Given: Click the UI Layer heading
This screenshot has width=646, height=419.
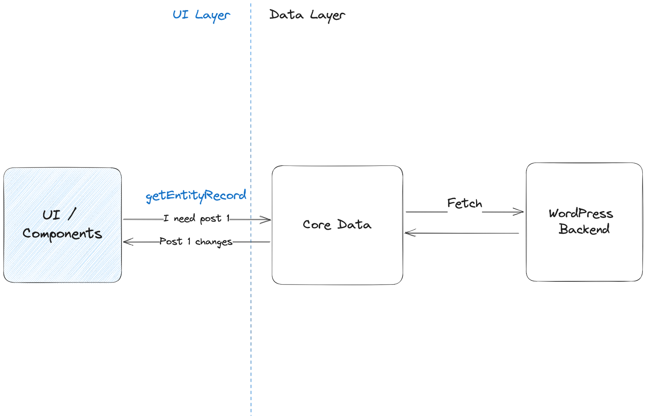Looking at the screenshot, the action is (201, 15).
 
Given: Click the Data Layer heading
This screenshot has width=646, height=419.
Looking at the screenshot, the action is (307, 15).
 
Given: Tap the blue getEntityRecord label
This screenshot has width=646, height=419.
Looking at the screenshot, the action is (196, 196).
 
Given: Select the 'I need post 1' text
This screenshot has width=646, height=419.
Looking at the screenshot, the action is (197, 218).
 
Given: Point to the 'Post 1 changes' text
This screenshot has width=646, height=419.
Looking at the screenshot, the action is (196, 242).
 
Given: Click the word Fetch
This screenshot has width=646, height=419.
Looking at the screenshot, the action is (465, 203).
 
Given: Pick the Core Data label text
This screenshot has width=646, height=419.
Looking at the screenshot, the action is (337, 224).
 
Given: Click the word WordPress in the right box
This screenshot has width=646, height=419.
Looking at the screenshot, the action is (581, 214).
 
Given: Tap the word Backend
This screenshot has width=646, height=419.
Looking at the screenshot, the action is (584, 229).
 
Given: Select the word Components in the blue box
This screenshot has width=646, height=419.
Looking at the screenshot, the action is (62, 234).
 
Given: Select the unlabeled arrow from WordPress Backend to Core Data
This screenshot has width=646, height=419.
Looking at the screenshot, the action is (462, 233).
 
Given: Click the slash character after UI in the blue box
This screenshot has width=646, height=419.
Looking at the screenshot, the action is (72, 214).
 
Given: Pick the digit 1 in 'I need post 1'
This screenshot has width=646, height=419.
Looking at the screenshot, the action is (228, 218).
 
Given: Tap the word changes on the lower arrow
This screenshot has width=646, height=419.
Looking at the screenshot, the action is (214, 242).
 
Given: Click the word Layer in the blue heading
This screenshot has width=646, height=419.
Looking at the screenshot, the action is (212, 16).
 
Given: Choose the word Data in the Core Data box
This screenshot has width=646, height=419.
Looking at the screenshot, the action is (354, 224).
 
